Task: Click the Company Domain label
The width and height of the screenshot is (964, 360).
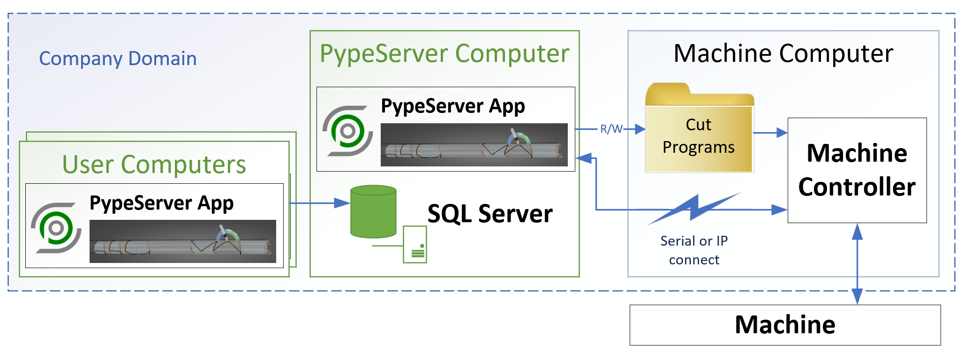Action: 118,59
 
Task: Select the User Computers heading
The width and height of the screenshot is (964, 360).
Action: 154,165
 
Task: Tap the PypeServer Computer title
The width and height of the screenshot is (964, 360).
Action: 444,53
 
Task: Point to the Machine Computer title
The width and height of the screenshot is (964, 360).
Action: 783,53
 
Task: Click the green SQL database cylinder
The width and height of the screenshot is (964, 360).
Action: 373,211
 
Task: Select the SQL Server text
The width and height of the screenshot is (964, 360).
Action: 490,214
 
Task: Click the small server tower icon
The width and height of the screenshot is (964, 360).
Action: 415,244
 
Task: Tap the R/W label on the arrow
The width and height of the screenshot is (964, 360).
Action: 611,129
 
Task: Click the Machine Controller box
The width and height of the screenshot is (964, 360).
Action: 857,170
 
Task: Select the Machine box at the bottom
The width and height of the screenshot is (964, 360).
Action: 784,325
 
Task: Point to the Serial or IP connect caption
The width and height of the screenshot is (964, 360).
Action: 694,250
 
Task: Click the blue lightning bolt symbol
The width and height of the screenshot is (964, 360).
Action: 694,209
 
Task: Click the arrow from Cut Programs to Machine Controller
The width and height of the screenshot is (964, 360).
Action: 770,133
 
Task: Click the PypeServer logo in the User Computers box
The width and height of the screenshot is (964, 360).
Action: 56,228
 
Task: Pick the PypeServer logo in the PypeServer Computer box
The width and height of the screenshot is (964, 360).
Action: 347,131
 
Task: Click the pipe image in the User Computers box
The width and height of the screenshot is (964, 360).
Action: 182,241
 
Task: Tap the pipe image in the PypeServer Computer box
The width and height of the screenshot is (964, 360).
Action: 474,145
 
